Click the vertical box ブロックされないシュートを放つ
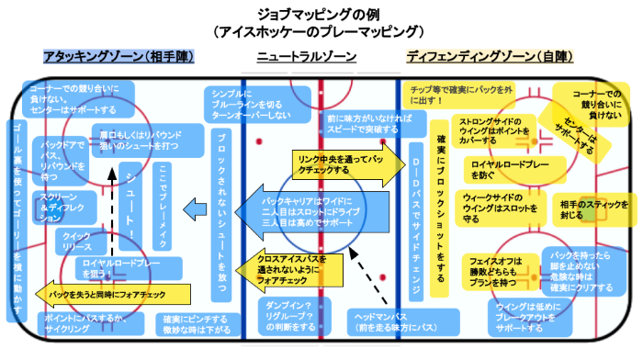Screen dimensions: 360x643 point(220,215)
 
